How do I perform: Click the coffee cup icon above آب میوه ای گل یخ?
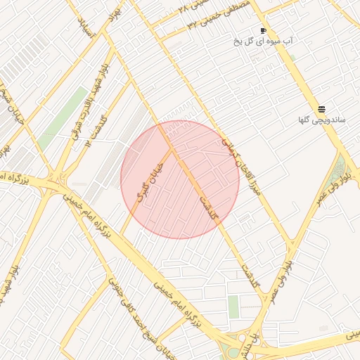coord(263,31)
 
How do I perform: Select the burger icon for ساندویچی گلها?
coord(321,109)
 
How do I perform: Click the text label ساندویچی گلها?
coord(322,120)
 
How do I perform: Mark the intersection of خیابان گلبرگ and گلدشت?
coord(171,148)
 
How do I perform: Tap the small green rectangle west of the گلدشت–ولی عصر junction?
coord(233,306)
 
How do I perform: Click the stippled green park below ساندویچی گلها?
coord(341,168)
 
